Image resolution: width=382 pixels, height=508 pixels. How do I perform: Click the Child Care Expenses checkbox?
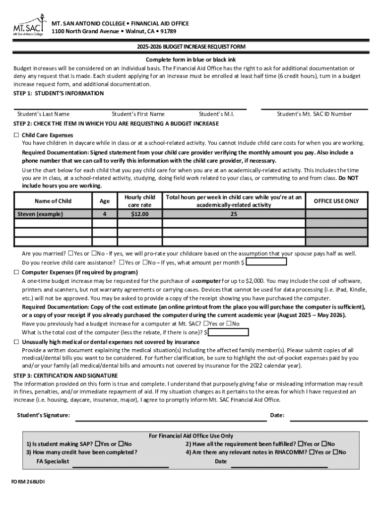(x=16, y=135)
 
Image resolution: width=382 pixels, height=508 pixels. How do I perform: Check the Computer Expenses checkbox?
(x=16, y=272)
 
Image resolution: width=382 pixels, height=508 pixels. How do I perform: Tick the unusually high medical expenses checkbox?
(x=16, y=342)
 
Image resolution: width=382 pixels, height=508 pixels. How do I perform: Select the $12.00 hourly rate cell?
(x=139, y=214)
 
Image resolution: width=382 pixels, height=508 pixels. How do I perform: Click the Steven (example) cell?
(x=53, y=214)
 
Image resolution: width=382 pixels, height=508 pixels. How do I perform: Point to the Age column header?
(x=104, y=201)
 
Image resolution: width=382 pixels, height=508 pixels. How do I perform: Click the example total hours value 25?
(x=233, y=214)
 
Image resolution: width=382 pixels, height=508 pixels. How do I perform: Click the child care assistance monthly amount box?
(x=266, y=262)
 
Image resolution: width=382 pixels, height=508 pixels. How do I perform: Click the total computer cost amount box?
(x=229, y=332)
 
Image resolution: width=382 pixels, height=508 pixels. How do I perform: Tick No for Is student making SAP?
(x=121, y=444)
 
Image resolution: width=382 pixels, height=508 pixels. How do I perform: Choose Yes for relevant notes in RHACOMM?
(x=311, y=452)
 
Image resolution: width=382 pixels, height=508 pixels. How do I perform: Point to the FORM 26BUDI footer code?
(x=28, y=482)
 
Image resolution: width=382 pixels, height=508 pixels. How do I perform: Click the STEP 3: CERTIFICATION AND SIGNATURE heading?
(x=65, y=376)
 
